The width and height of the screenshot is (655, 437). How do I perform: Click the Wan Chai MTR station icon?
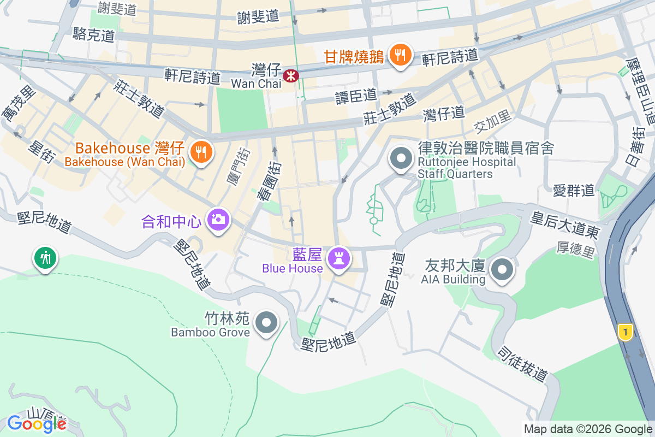pyautogui.click(x=291, y=75)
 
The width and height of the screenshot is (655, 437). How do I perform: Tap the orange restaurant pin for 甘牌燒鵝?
pyautogui.click(x=401, y=55)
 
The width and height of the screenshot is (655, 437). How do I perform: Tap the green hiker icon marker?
pyautogui.click(x=45, y=257)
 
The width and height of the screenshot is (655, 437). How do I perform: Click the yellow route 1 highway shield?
pyautogui.click(x=626, y=332)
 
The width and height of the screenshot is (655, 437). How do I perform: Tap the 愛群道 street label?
pyautogui.click(x=573, y=190)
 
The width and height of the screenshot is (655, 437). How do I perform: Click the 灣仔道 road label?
pyautogui.click(x=444, y=114)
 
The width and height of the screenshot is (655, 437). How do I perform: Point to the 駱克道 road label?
pyautogui.click(x=94, y=36)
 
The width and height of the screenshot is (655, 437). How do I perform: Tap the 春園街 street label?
pyautogui.click(x=269, y=181)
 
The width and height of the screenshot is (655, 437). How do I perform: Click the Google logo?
pyautogui.click(x=37, y=424)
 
